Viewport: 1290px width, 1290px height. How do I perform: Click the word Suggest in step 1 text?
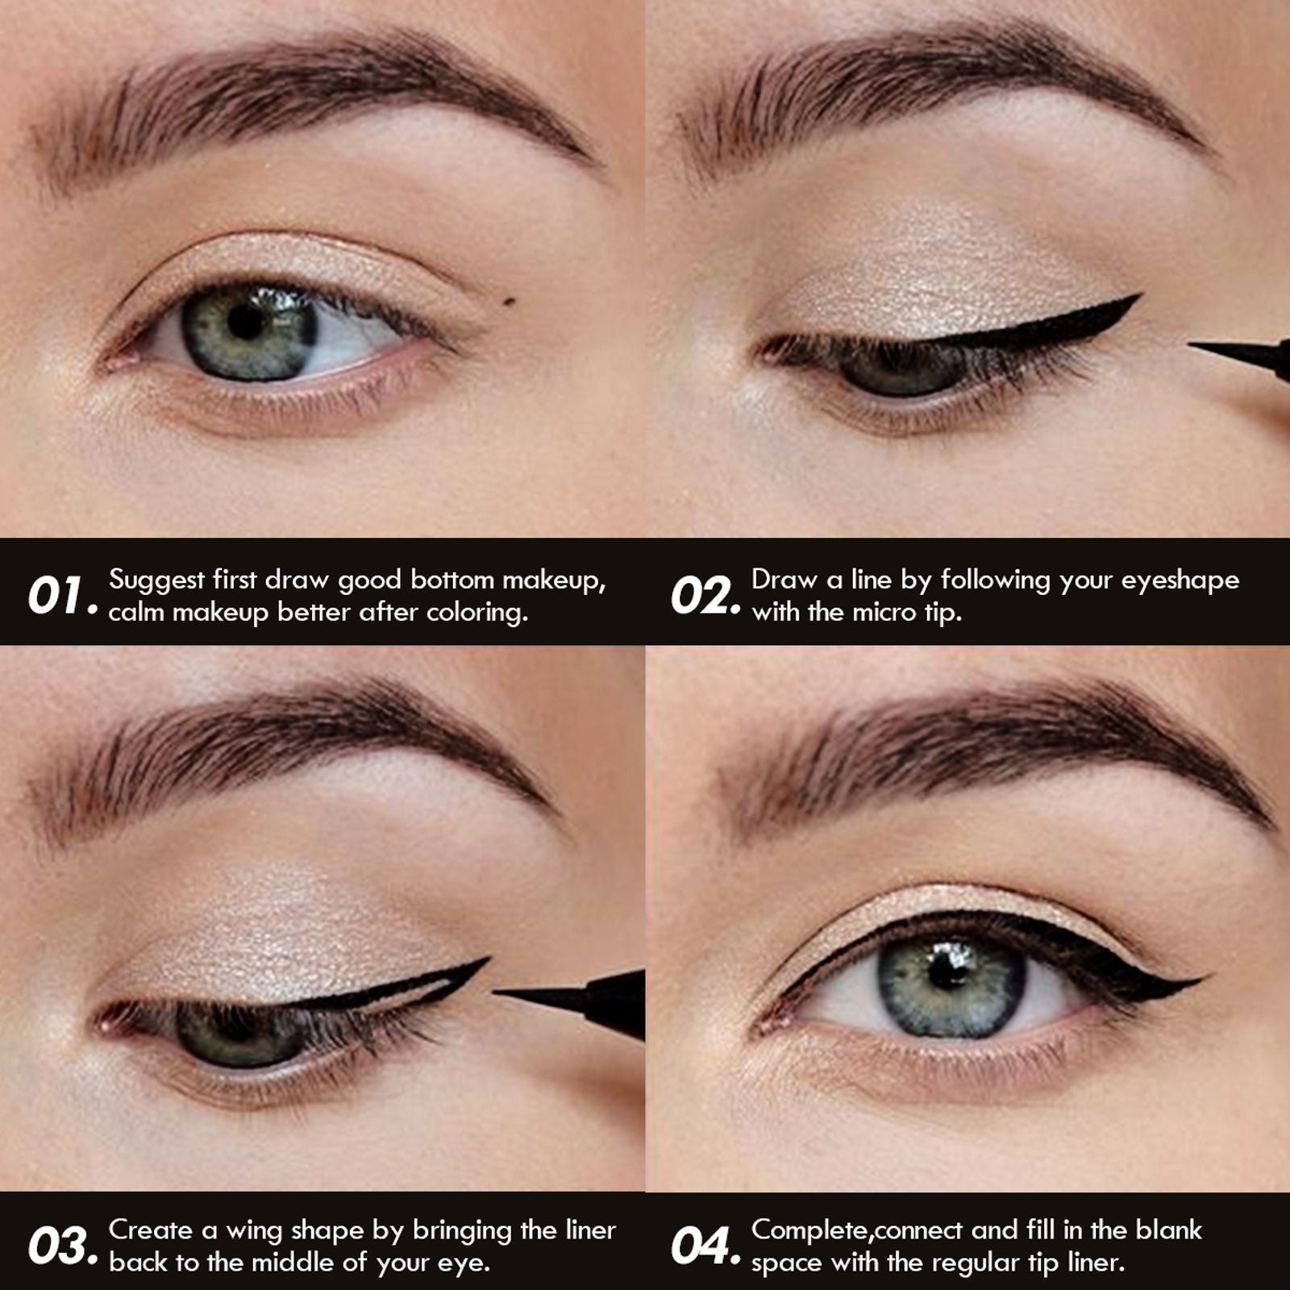pyautogui.click(x=156, y=580)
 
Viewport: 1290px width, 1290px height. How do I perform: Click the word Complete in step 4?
pyautogui.click(x=809, y=1231)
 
